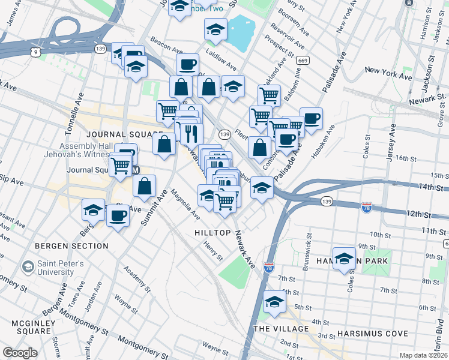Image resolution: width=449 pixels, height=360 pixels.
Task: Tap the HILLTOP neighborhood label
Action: point(212,232)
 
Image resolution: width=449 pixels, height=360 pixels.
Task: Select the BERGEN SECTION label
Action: point(71,246)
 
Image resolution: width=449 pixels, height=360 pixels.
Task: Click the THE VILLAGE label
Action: point(281,329)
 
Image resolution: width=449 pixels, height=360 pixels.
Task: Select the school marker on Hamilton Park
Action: point(345,258)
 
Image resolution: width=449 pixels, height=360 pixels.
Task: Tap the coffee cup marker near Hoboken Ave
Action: point(311,119)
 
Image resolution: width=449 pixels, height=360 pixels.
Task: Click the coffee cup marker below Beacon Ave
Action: point(187,64)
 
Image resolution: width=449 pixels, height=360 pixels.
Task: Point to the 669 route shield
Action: point(304,60)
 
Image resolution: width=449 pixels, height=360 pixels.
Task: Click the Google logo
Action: point(20,353)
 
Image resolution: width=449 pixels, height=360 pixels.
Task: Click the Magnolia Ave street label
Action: point(185,205)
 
